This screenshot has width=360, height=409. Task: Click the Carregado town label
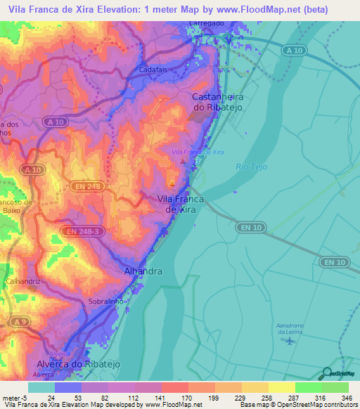click(209, 22)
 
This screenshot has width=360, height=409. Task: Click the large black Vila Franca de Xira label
click(179, 204)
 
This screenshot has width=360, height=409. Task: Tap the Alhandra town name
click(143, 271)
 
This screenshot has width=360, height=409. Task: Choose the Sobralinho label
click(106, 301)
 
